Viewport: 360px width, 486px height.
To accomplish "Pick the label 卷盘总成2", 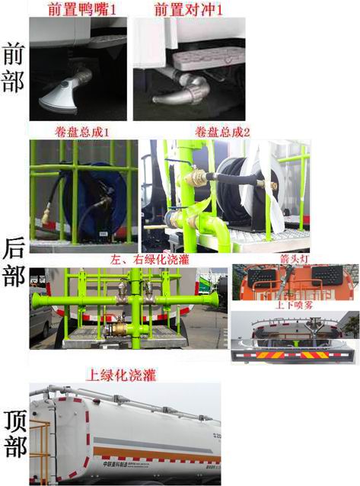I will point(222,132).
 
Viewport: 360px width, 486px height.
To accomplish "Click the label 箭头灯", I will point(292,258).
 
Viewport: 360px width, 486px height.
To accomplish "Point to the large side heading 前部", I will point(14,69).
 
